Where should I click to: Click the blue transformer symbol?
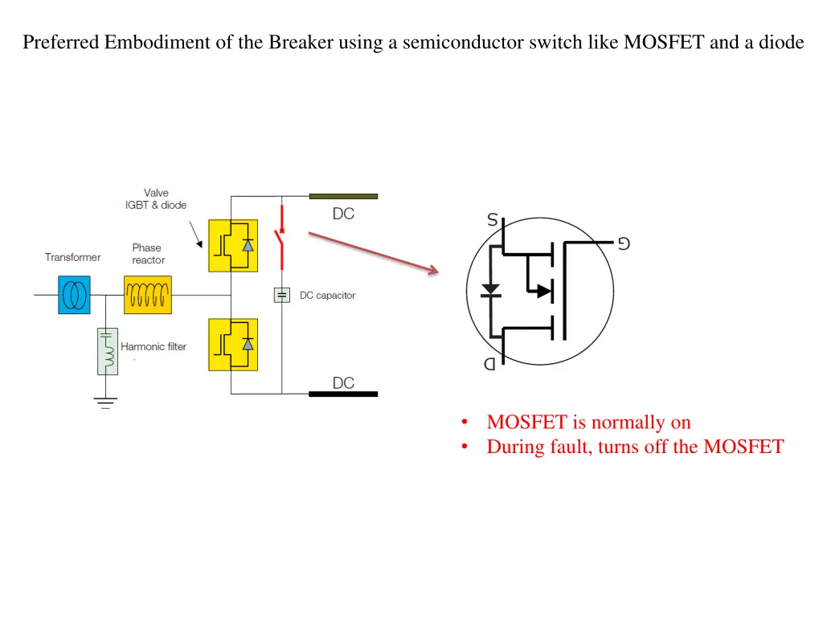pyautogui.click(x=74, y=294)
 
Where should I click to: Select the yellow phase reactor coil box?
pyautogui.click(x=148, y=294)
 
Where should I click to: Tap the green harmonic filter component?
pyautogui.click(x=108, y=351)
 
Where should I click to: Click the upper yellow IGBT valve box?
pyautogui.click(x=233, y=246)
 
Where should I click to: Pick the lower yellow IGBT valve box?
pyautogui.click(x=233, y=345)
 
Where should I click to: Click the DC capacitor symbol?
pyautogui.click(x=281, y=296)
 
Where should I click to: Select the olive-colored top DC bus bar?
pyautogui.click(x=343, y=196)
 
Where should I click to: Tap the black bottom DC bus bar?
pyautogui.click(x=343, y=394)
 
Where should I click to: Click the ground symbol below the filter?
pyautogui.click(x=105, y=402)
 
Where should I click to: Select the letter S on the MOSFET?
pyautogui.click(x=492, y=219)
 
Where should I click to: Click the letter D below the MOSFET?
pyautogui.click(x=489, y=364)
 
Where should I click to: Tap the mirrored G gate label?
pyautogui.click(x=623, y=243)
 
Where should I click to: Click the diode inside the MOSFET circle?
pyautogui.click(x=489, y=289)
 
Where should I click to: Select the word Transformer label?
pyautogui.click(x=73, y=258)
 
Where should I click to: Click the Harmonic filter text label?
pyautogui.click(x=154, y=347)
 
